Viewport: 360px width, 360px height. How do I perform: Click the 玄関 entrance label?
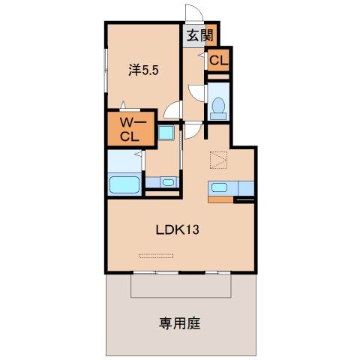[199, 34]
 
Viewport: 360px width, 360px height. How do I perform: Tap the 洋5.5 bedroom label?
[142, 70]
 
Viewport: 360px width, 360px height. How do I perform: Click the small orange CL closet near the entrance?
[218, 61]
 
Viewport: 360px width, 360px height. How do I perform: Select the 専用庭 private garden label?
[179, 324]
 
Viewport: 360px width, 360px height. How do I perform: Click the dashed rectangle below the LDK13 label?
[156, 255]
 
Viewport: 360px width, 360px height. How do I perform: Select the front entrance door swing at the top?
[193, 16]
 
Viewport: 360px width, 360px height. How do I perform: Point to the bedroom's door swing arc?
[172, 111]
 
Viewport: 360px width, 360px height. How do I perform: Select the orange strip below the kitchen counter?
[222, 200]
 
